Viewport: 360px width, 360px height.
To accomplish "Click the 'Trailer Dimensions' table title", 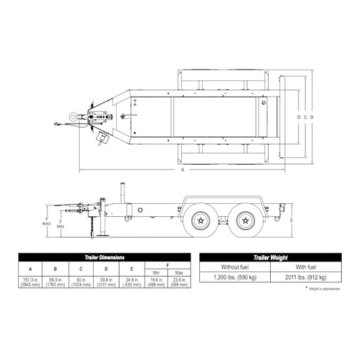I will click(104, 257).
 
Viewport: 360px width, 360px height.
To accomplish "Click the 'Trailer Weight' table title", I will click(270, 257).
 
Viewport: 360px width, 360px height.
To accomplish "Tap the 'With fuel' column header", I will click(305, 267).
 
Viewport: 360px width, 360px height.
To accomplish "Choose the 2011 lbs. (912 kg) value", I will click(305, 277).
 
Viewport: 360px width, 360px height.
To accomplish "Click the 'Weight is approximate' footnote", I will click(325, 288).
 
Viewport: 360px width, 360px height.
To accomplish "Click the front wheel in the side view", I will click(200, 220).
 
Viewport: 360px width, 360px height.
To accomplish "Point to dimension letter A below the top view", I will click(182, 171).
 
